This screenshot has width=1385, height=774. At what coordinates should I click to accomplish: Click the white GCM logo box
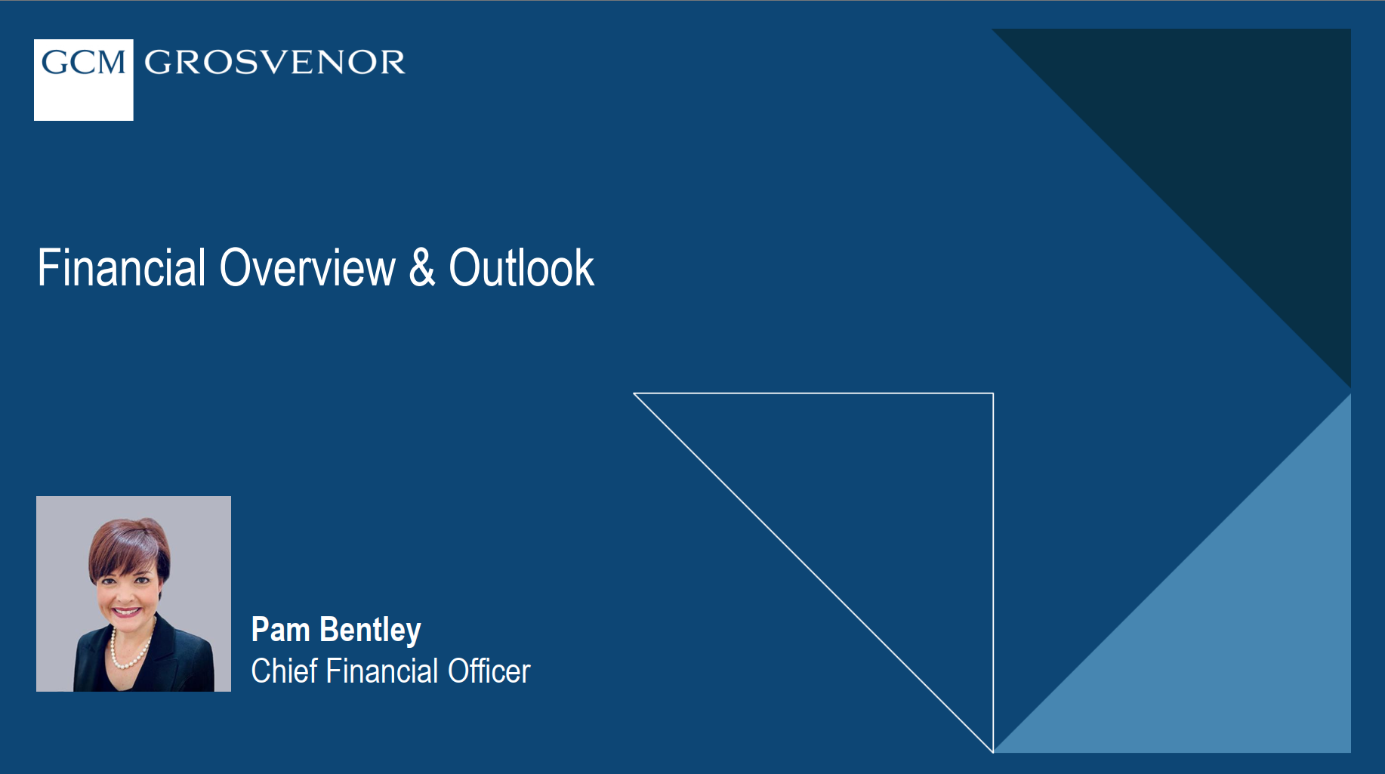point(83,80)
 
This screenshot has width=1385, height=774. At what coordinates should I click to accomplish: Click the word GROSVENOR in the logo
point(274,63)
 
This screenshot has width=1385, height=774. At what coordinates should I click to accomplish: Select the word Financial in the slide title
point(121,268)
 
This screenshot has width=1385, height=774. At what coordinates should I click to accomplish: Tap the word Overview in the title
point(307,268)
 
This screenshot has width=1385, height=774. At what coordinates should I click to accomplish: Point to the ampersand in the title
point(422,268)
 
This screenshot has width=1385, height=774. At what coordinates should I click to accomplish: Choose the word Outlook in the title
point(521,268)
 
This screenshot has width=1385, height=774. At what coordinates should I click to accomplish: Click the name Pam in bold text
point(280,630)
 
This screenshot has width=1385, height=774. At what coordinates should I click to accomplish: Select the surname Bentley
point(370,630)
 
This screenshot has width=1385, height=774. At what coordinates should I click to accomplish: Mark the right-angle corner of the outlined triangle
point(992,394)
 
